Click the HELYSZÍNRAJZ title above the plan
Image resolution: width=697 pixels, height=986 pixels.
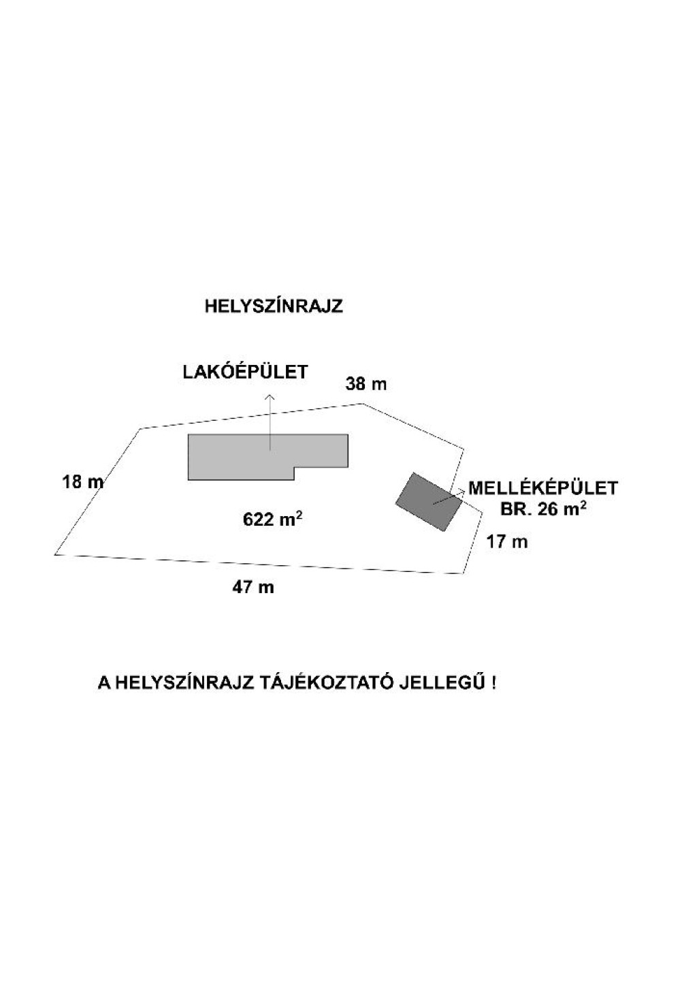273,307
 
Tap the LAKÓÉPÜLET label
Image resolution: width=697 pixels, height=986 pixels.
246,372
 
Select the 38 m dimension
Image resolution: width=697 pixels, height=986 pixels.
366,384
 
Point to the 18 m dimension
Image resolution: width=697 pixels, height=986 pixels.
83,482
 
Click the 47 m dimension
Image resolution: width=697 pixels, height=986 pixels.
253,587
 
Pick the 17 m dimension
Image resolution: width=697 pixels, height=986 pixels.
506,541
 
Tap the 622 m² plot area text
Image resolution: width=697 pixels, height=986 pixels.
272,520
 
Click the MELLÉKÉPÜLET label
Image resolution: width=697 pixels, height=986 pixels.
543,488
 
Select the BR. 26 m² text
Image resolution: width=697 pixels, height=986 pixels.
543,509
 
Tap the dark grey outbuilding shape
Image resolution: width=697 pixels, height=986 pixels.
429,502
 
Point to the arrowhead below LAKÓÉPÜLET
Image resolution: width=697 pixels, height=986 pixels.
270,396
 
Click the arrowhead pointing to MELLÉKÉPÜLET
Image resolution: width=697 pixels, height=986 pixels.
460,491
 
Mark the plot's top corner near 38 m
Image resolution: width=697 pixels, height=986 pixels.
362,403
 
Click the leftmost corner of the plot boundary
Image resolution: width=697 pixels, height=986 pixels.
55,554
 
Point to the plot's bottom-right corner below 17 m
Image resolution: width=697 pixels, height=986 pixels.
462,573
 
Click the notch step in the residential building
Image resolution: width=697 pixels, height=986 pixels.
294,468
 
